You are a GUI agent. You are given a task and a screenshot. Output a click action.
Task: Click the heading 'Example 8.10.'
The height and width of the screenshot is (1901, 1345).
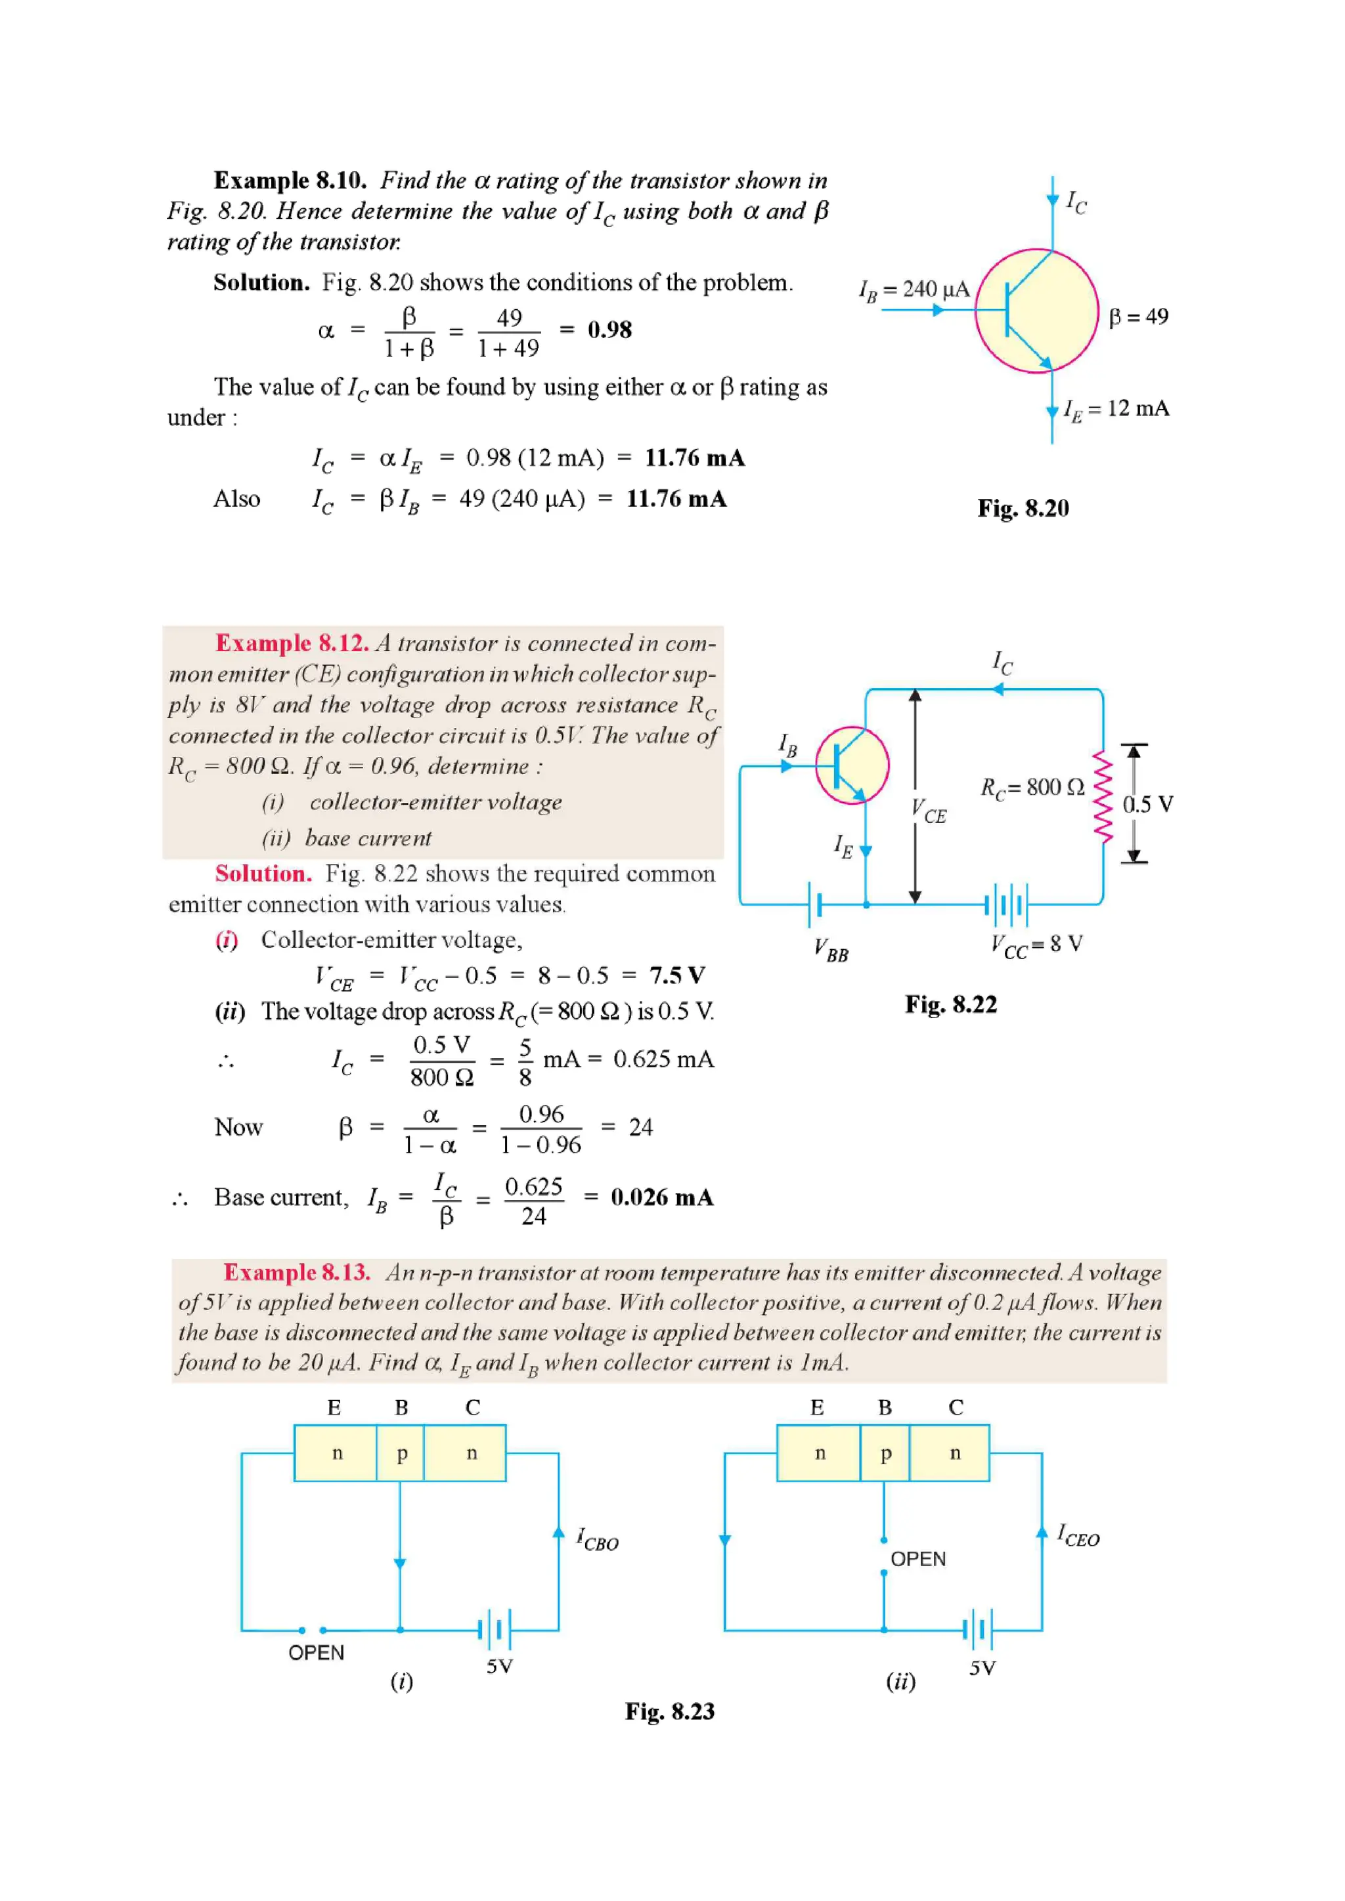point(290,181)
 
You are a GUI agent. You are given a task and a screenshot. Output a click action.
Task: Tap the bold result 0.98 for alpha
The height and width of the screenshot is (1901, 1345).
point(609,330)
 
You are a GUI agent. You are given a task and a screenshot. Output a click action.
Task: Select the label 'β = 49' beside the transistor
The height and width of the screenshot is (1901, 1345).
point(1138,316)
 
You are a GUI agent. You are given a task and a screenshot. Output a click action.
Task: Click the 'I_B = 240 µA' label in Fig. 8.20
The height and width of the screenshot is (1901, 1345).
point(914,289)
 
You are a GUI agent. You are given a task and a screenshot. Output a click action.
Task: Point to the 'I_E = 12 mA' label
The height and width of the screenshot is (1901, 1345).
point(1116,409)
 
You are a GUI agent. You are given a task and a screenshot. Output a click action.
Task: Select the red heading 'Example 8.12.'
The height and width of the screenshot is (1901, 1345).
point(292,643)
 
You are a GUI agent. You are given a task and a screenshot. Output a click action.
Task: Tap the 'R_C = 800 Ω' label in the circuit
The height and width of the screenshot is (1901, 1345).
point(1032,788)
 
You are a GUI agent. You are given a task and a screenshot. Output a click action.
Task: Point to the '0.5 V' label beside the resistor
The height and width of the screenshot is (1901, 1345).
point(1147,804)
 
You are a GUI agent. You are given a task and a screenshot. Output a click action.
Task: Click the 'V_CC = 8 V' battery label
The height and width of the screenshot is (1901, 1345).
point(1036,945)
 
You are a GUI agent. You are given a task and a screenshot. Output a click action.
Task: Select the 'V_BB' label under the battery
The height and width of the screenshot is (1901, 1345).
point(831,950)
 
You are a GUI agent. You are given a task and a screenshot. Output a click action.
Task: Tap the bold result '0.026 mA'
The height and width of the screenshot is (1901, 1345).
point(662,1197)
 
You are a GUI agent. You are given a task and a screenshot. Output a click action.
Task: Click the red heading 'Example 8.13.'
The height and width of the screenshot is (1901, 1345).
point(296,1273)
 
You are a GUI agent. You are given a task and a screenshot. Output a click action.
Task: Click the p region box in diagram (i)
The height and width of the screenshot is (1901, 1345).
point(401,1453)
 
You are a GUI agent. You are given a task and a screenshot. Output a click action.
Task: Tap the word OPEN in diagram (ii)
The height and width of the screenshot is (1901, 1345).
point(917,1559)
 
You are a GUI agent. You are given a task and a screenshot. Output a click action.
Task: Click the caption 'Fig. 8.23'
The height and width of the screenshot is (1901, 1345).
point(669,1711)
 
